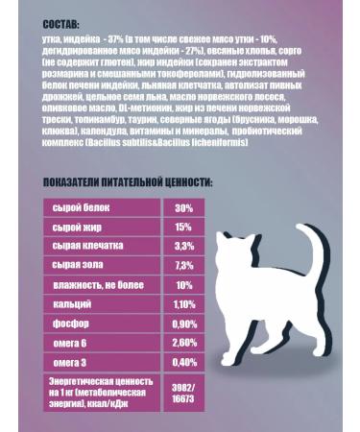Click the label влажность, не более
[97, 285]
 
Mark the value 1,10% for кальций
[184, 304]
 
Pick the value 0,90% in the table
[184, 324]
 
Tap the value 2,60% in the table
[184, 343]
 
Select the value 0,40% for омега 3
[184, 362]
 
